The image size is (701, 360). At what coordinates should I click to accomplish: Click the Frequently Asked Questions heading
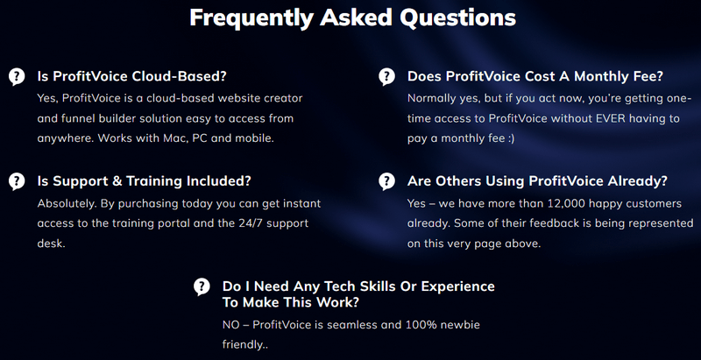(x=353, y=18)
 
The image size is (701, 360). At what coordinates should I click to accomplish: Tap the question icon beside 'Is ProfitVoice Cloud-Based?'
(x=17, y=77)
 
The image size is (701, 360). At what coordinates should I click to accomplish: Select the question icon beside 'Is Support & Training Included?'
(x=17, y=181)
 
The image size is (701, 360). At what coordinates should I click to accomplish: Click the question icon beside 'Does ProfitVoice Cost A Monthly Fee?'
(x=386, y=77)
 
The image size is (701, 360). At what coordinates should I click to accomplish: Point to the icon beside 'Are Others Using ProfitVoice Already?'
(x=386, y=181)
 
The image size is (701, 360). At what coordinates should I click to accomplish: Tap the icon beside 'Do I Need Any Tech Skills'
(x=202, y=286)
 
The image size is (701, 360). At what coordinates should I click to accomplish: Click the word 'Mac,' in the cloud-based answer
(x=173, y=138)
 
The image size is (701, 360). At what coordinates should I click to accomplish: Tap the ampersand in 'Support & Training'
(x=117, y=181)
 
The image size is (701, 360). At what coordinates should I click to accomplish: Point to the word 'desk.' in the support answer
(x=52, y=244)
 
